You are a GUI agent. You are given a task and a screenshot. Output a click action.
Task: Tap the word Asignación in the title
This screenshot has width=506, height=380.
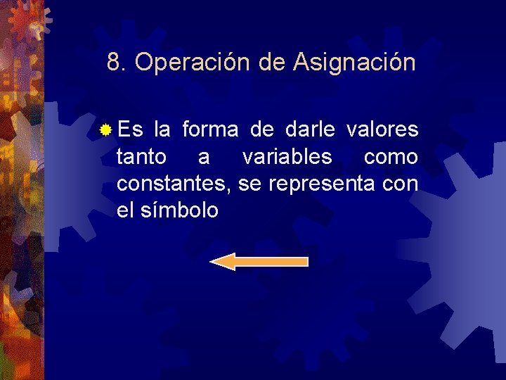355,63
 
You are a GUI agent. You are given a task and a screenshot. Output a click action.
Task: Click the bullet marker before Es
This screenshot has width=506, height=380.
105,130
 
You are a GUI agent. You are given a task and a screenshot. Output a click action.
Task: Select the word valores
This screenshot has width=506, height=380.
383,130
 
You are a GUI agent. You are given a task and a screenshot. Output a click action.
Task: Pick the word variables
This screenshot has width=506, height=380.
287,157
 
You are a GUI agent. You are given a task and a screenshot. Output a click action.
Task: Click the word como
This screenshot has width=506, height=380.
391,157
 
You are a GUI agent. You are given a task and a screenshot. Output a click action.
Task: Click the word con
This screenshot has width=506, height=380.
400,184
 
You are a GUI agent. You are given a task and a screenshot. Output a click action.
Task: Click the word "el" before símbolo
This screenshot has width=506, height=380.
124,210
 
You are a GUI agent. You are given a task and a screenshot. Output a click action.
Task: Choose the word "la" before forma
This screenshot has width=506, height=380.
161,130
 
